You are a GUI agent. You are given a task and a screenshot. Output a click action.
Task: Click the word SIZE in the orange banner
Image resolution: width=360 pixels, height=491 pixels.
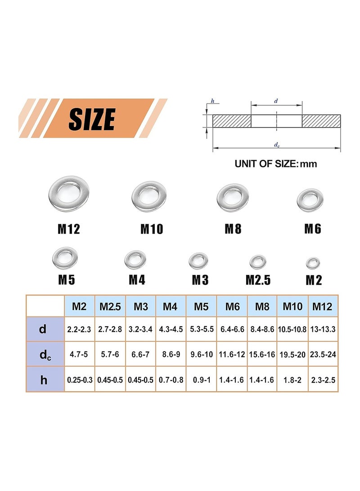(92, 119)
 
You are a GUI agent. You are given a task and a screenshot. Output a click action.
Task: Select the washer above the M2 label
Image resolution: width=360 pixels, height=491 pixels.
(313, 262)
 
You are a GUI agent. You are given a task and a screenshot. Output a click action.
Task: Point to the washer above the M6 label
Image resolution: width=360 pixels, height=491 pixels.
(310, 199)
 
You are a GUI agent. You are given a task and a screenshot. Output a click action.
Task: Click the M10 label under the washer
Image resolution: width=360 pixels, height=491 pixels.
(151, 229)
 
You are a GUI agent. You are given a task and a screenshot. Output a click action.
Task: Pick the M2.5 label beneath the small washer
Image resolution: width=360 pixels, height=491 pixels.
(258, 280)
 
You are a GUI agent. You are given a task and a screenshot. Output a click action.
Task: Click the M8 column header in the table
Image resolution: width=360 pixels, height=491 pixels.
(262, 306)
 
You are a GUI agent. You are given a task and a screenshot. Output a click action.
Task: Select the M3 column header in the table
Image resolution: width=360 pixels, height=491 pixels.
(140, 306)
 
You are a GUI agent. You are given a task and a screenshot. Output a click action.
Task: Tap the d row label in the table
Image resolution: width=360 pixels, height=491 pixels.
(43, 329)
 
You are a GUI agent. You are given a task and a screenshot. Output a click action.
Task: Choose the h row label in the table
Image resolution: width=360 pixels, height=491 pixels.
(44, 380)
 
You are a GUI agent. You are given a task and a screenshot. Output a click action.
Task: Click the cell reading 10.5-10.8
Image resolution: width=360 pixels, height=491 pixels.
(292, 329)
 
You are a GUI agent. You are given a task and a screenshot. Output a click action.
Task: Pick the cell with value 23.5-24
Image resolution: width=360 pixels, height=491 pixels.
(323, 355)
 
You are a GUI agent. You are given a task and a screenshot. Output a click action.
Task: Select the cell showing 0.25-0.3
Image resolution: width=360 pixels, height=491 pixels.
(79, 380)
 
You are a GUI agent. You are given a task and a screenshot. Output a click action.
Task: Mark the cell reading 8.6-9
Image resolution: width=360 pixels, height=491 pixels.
(171, 355)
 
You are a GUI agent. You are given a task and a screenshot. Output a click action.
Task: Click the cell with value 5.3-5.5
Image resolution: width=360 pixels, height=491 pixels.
(201, 329)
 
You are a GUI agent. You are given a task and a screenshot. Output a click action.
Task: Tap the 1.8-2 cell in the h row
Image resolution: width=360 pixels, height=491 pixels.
(292, 380)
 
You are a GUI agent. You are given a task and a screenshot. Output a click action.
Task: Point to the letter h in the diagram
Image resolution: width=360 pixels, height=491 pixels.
(212, 101)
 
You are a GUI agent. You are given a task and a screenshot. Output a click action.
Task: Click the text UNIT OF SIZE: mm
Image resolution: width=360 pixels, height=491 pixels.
(275, 164)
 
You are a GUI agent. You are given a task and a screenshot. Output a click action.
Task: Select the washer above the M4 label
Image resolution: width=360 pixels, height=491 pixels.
(135, 260)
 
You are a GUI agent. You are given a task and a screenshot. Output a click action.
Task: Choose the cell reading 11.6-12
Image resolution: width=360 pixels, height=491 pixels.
(232, 355)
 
